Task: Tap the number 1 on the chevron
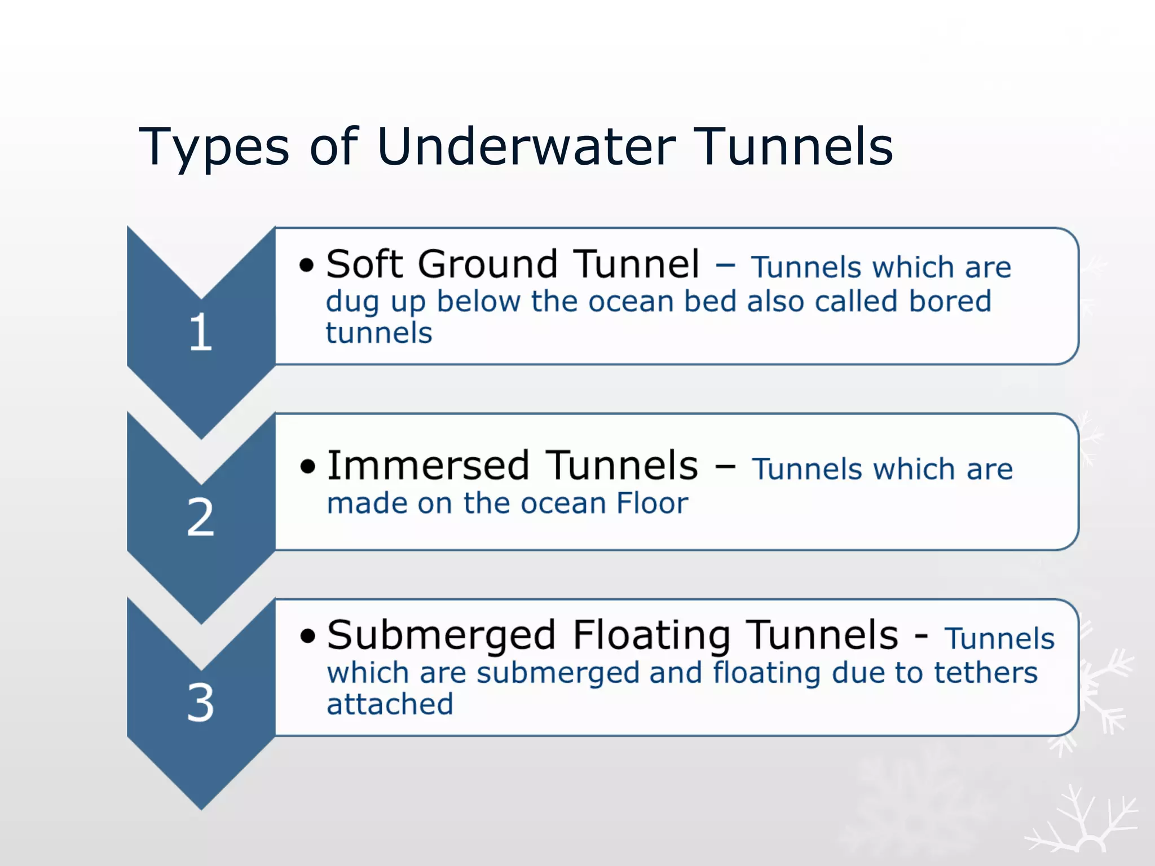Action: [x=201, y=333]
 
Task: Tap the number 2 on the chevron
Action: [x=201, y=517]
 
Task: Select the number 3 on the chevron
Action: [x=201, y=702]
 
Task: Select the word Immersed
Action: [x=428, y=466]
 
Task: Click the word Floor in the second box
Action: [x=652, y=503]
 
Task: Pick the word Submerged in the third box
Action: [x=441, y=636]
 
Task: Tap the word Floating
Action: [x=651, y=636]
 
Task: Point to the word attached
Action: [x=390, y=704]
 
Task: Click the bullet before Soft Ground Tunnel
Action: [x=306, y=265]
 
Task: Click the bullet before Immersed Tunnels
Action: [x=307, y=467]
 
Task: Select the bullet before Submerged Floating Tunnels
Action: [x=307, y=636]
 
